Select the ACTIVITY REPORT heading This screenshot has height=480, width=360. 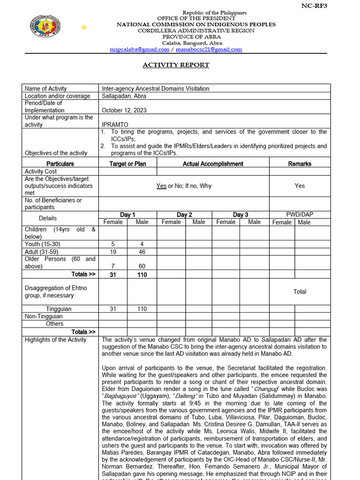point(176,65)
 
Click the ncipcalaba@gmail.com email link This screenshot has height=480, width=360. point(139,49)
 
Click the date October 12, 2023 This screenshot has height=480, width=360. point(124,110)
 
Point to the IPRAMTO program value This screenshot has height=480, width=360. point(115,125)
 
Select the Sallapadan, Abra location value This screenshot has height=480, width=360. point(124,96)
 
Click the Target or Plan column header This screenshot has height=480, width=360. point(127,164)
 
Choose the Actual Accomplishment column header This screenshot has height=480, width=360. point(213,164)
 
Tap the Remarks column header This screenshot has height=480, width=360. point(300,164)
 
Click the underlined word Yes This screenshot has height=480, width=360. point(161,186)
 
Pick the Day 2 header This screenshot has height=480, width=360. point(184,215)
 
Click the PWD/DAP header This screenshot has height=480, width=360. point(300,214)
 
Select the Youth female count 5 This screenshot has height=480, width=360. point(113,244)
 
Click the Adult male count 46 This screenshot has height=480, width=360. point(142,252)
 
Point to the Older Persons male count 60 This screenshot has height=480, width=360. point(142,266)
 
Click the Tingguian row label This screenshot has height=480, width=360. point(57,309)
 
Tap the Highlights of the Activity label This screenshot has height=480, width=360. point(55,340)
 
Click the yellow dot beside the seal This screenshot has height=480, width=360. point(84,27)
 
